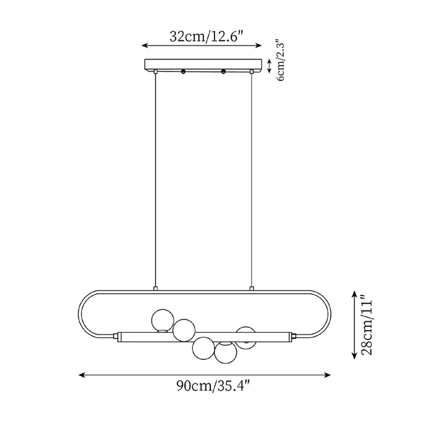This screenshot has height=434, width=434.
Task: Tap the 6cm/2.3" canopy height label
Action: point(280,61)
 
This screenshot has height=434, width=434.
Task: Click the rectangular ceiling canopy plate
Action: point(205,64)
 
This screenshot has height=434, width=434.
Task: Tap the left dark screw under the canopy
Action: point(183,72)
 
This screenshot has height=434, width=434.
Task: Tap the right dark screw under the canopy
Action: point(223,72)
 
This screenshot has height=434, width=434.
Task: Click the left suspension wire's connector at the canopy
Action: point(156,72)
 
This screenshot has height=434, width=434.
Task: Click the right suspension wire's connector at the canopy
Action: point(251,72)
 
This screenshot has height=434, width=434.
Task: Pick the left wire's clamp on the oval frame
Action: point(156,289)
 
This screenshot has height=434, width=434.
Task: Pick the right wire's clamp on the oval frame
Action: point(251,289)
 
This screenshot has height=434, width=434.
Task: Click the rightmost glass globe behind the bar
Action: point(246,336)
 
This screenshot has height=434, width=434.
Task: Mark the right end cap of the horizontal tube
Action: point(294,335)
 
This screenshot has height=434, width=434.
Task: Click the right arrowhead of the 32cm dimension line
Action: point(259,45)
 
